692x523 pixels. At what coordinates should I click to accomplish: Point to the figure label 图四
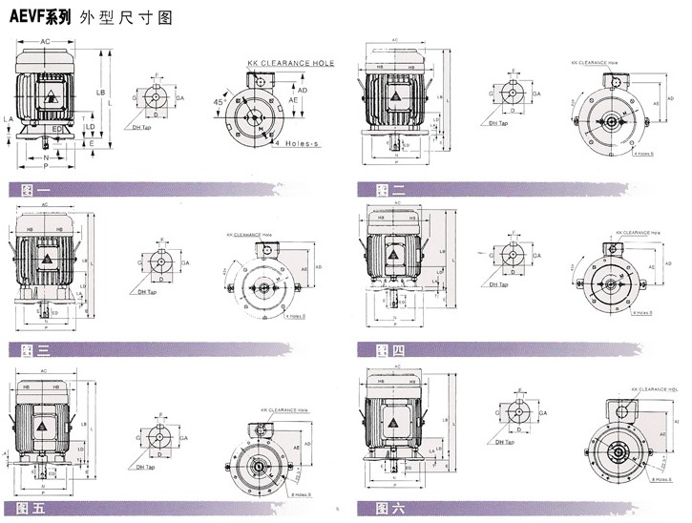[391, 349]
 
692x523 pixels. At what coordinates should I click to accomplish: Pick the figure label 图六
[391, 509]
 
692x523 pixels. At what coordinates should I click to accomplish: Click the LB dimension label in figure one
[100, 92]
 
